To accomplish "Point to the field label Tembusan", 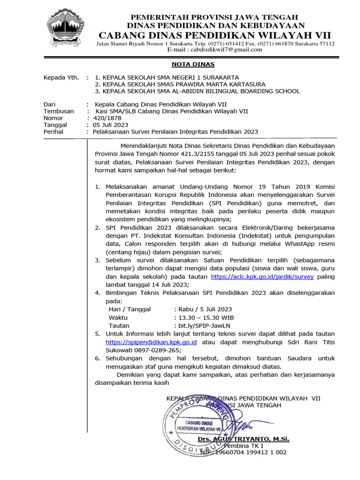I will tap(58, 112).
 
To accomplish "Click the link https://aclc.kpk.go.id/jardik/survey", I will tap(262, 277).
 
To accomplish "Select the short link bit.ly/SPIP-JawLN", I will tap(203, 325).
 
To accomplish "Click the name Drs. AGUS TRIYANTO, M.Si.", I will tap(243, 439).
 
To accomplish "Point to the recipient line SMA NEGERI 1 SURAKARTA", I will tap(166, 77).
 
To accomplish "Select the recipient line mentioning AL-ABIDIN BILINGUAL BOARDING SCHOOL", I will tap(197, 91).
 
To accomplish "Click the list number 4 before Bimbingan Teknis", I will tap(98, 293).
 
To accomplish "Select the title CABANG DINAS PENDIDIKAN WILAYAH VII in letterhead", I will tap(214, 35).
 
